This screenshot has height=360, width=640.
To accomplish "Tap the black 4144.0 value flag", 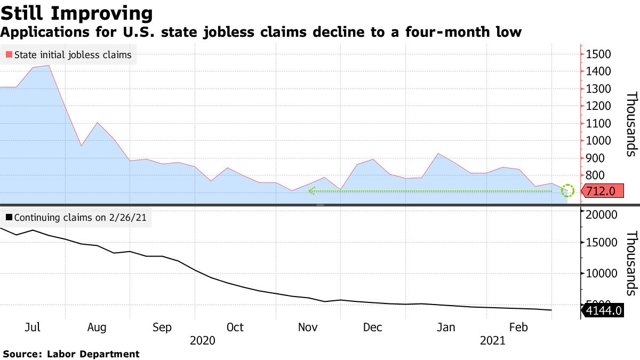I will coord(603,310).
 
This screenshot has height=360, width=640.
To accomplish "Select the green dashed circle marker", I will coord(568,190).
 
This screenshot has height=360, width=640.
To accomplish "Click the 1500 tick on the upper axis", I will coord(602,54).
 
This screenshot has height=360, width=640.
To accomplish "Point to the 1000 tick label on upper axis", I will coord(602,141).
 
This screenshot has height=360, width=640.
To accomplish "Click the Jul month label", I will coord(33,327).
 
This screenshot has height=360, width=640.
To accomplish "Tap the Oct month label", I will coord(235,327).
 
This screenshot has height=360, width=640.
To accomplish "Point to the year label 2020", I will coord(203,340).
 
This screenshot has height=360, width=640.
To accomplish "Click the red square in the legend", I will coord(9,54).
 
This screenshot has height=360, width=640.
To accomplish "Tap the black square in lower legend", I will coord(9,218).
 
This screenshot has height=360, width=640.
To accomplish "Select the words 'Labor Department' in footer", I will coord(93,354).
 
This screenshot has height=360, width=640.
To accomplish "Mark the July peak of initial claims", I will coord(49,66).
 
